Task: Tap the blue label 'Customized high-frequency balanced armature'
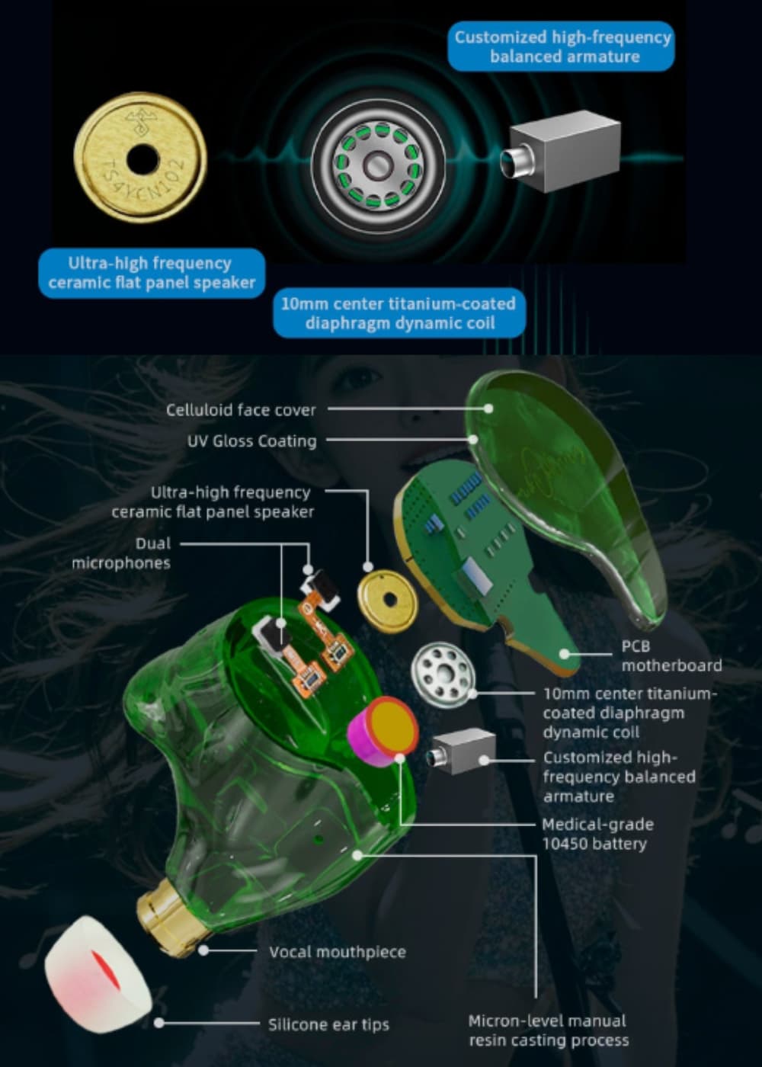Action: (x=561, y=46)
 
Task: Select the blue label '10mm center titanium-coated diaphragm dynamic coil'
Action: (x=399, y=313)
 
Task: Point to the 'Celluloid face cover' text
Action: (x=241, y=410)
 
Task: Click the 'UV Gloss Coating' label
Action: (x=252, y=441)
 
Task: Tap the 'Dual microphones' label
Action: (x=121, y=553)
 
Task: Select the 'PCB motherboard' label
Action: (x=671, y=655)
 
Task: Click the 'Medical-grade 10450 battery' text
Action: (x=597, y=834)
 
